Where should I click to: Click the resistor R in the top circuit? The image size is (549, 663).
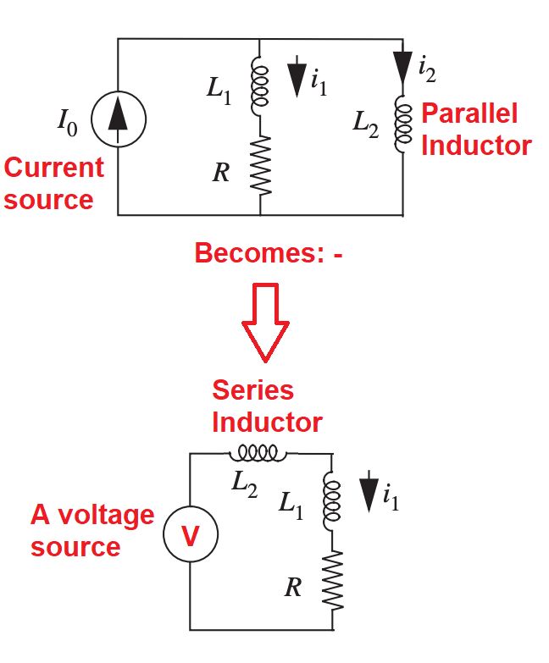point(260,164)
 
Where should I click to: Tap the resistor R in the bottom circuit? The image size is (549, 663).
point(332,580)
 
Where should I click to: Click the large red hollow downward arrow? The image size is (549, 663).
point(265,319)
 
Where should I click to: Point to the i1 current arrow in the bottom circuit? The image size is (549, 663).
point(369,495)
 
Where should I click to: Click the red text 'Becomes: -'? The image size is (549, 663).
point(269,252)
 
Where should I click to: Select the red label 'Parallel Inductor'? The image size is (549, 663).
point(474,129)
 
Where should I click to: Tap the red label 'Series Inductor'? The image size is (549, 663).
point(266,406)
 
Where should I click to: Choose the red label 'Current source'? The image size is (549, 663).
point(53,183)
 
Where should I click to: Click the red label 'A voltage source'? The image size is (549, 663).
point(92,530)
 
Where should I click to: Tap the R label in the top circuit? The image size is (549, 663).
point(220,173)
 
